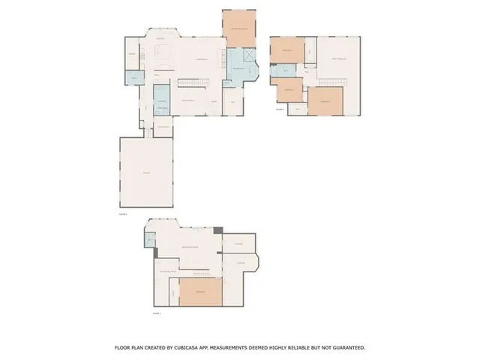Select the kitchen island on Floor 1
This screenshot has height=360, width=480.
pos(163,52)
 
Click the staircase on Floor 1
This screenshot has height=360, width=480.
pos(196,83)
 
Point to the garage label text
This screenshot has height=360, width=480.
pos(147,173)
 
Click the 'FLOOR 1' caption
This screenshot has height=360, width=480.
pos(123,214)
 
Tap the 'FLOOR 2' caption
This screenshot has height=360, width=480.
pos(280,109)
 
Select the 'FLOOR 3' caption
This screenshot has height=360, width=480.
pos(157,312)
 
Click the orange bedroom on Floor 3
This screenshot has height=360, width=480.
pos(200,291)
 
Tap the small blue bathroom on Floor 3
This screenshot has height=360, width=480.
pos(150,240)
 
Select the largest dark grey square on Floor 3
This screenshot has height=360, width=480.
pos(218,231)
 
